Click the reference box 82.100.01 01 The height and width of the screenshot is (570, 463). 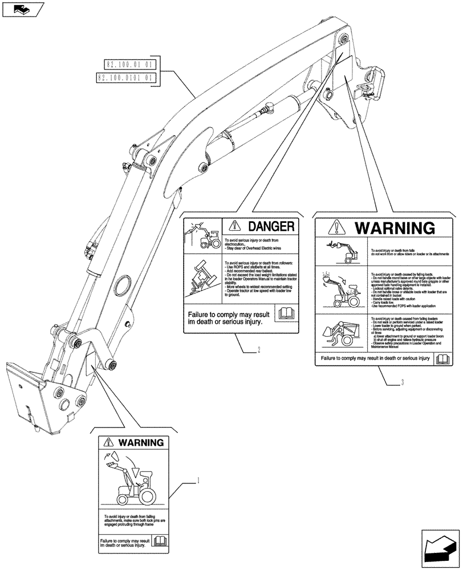tap(128, 65)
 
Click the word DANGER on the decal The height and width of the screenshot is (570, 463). tap(267, 226)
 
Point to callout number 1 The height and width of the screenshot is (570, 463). tap(198, 481)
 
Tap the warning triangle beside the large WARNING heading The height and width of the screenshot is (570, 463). tap(337, 228)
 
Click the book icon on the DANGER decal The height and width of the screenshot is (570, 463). tap(283, 313)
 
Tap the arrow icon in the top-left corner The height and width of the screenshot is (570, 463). tap(21, 9)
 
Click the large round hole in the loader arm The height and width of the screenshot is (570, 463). tap(122, 284)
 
